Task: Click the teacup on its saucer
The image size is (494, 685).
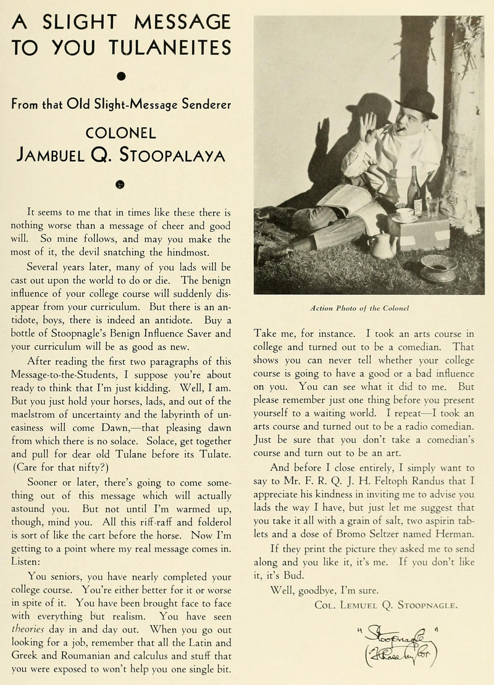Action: click(x=406, y=215)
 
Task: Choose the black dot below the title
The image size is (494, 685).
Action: click(x=122, y=76)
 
